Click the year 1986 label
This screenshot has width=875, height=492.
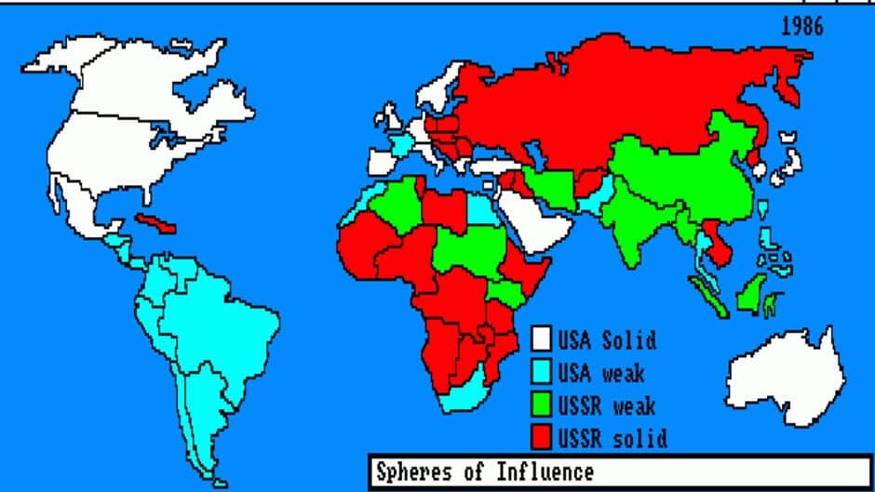pos(802,26)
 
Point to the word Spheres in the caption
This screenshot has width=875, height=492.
pos(411,472)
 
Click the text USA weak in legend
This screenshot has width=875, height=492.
pos(601,373)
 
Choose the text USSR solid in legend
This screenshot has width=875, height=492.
pos(612,437)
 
